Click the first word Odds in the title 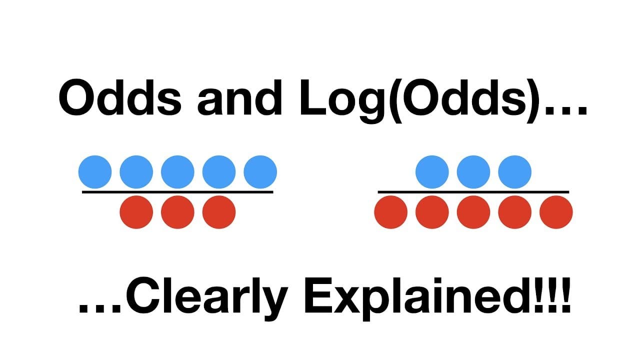[x=120, y=97]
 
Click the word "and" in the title [x=239, y=97]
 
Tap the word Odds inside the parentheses [x=464, y=97]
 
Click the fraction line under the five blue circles [x=177, y=192]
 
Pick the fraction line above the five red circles [x=473, y=192]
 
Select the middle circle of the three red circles [x=177, y=212]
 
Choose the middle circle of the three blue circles [x=473, y=172]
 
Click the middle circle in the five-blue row [x=177, y=172]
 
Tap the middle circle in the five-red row [x=473, y=212]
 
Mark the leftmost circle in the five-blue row [x=95, y=172]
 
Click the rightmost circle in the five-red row [x=556, y=212]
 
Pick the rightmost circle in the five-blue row [x=260, y=172]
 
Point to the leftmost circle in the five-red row [x=391, y=212]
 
